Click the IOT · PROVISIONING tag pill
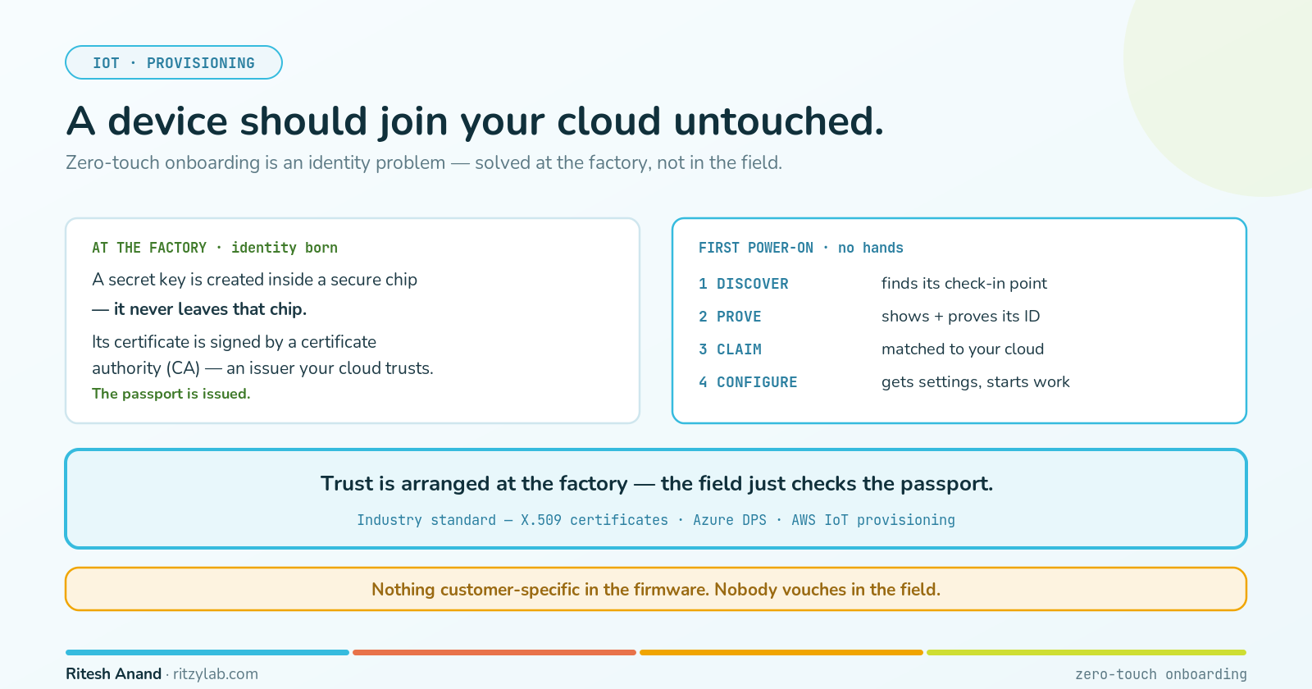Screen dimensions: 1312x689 (173, 62)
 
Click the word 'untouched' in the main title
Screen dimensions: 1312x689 (778, 121)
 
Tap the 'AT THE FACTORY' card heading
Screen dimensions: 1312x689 (214, 248)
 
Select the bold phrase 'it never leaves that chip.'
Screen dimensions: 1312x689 (210, 308)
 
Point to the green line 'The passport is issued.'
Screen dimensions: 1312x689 (171, 394)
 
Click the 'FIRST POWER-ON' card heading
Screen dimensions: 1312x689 (800, 248)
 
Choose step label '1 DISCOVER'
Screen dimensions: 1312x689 (743, 284)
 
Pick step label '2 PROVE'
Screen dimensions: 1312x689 (730, 317)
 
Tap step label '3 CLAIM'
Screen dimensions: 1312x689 (730, 349)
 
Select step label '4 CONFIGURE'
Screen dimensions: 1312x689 (748, 382)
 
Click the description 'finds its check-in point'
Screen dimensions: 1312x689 (964, 284)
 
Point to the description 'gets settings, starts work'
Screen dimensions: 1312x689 (975, 382)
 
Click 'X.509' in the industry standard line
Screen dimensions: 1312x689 (541, 520)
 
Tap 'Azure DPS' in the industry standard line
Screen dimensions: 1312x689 (729, 520)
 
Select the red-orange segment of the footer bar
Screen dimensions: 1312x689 (494, 652)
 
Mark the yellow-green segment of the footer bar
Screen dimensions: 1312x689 (1086, 652)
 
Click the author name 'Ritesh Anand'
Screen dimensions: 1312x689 (113, 673)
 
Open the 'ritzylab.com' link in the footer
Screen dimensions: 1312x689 (216, 674)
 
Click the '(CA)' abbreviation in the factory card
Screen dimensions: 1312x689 (183, 368)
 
